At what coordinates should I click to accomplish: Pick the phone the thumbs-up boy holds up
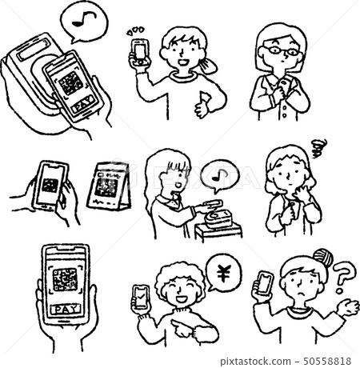click(x=139, y=50)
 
